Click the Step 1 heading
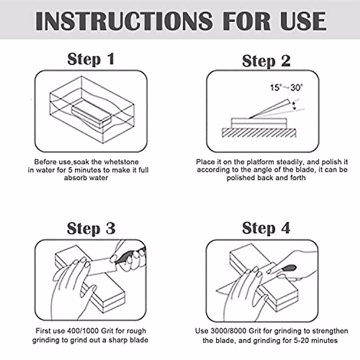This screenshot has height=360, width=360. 91,59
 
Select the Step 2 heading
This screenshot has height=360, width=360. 266,61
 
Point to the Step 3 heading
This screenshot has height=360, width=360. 91,228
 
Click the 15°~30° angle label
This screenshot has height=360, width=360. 286,88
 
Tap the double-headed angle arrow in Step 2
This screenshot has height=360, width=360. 294,105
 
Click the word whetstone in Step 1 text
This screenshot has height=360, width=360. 121,162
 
